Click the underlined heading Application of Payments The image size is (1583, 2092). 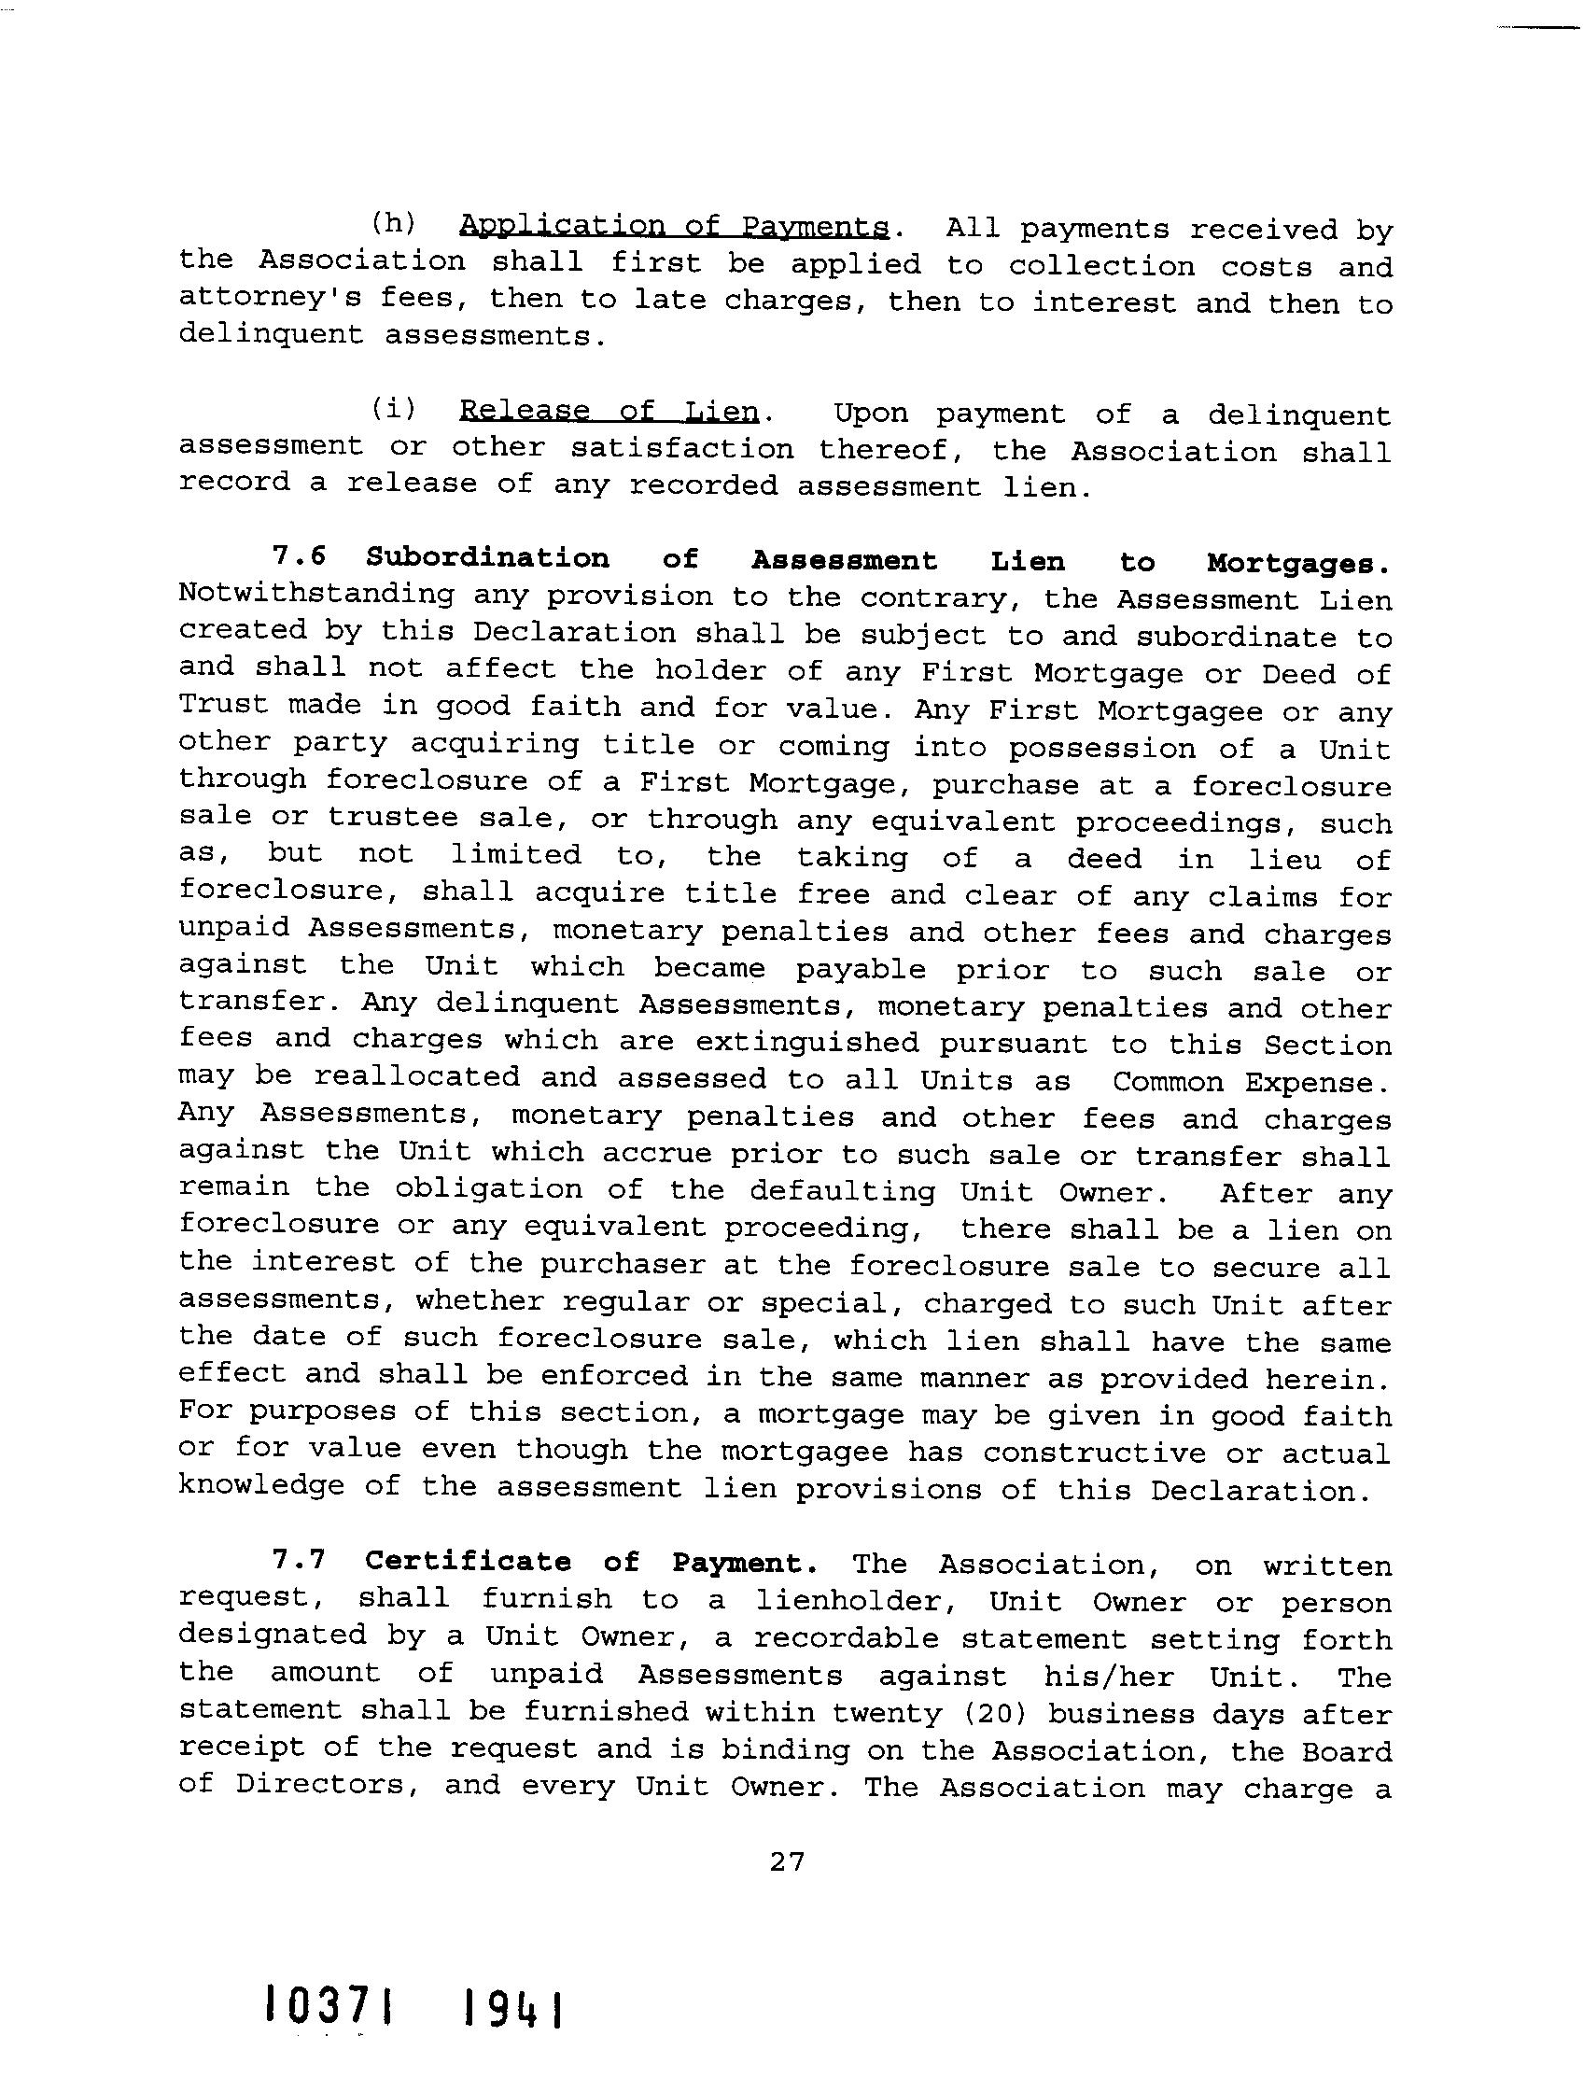(673, 227)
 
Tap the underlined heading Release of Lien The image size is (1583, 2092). (609, 412)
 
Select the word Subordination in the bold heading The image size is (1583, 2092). (488, 558)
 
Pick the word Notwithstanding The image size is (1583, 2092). (314, 595)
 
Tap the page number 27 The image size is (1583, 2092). (787, 1861)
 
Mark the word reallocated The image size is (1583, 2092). (416, 1078)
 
